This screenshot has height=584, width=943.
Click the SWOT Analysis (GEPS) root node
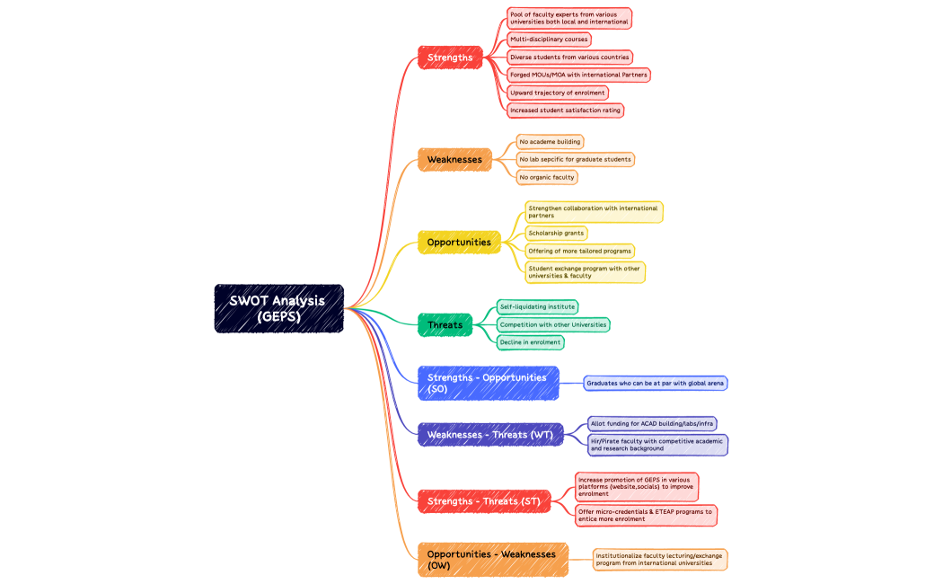coord(278,308)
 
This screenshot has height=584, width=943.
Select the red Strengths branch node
coord(450,58)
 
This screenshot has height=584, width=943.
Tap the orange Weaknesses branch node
coord(454,160)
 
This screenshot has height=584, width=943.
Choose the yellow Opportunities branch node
coord(459,243)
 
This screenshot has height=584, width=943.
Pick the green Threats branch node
coord(445,325)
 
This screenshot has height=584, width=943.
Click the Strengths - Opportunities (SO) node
coord(488,383)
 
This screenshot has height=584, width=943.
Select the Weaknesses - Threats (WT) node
coord(490,435)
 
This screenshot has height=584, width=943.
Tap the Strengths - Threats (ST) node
coord(484,501)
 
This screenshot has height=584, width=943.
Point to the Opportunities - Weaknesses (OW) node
coord(492,560)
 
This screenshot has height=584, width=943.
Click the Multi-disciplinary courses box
coord(549,40)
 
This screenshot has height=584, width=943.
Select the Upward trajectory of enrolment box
coord(558,93)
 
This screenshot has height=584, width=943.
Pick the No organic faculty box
coord(547,177)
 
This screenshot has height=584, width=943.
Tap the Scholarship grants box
coord(557,233)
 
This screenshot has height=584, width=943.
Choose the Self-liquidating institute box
coord(537,306)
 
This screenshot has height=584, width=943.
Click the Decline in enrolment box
coord(531,342)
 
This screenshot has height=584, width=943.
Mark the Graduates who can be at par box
coord(655,383)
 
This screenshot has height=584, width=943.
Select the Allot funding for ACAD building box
coord(652,423)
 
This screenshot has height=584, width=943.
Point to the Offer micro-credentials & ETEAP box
coord(646,515)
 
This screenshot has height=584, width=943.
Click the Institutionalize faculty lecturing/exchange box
coord(659,560)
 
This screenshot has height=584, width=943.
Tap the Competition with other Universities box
coord(553,324)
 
